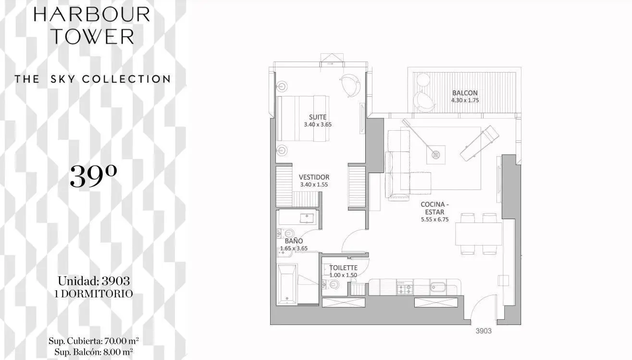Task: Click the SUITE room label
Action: tap(318, 117)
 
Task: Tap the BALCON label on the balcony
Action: tap(465, 93)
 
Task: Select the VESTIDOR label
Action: tap(314, 177)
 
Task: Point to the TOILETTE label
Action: tap(343, 268)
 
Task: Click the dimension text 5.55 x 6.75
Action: tap(435, 220)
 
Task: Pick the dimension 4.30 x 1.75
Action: tap(465, 100)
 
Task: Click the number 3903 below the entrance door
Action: tap(483, 331)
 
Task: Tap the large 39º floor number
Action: tap(93, 176)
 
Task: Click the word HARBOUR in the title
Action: tap(92, 15)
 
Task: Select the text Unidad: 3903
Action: tap(94, 281)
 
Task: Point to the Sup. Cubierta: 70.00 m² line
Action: tap(94, 341)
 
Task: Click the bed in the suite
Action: tap(303, 119)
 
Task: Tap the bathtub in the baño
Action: tap(286, 285)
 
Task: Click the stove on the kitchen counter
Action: tap(405, 288)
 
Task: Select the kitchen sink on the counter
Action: tap(438, 287)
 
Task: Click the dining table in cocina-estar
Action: tap(479, 234)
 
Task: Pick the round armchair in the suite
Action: tap(350, 85)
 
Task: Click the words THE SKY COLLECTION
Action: tap(93, 79)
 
